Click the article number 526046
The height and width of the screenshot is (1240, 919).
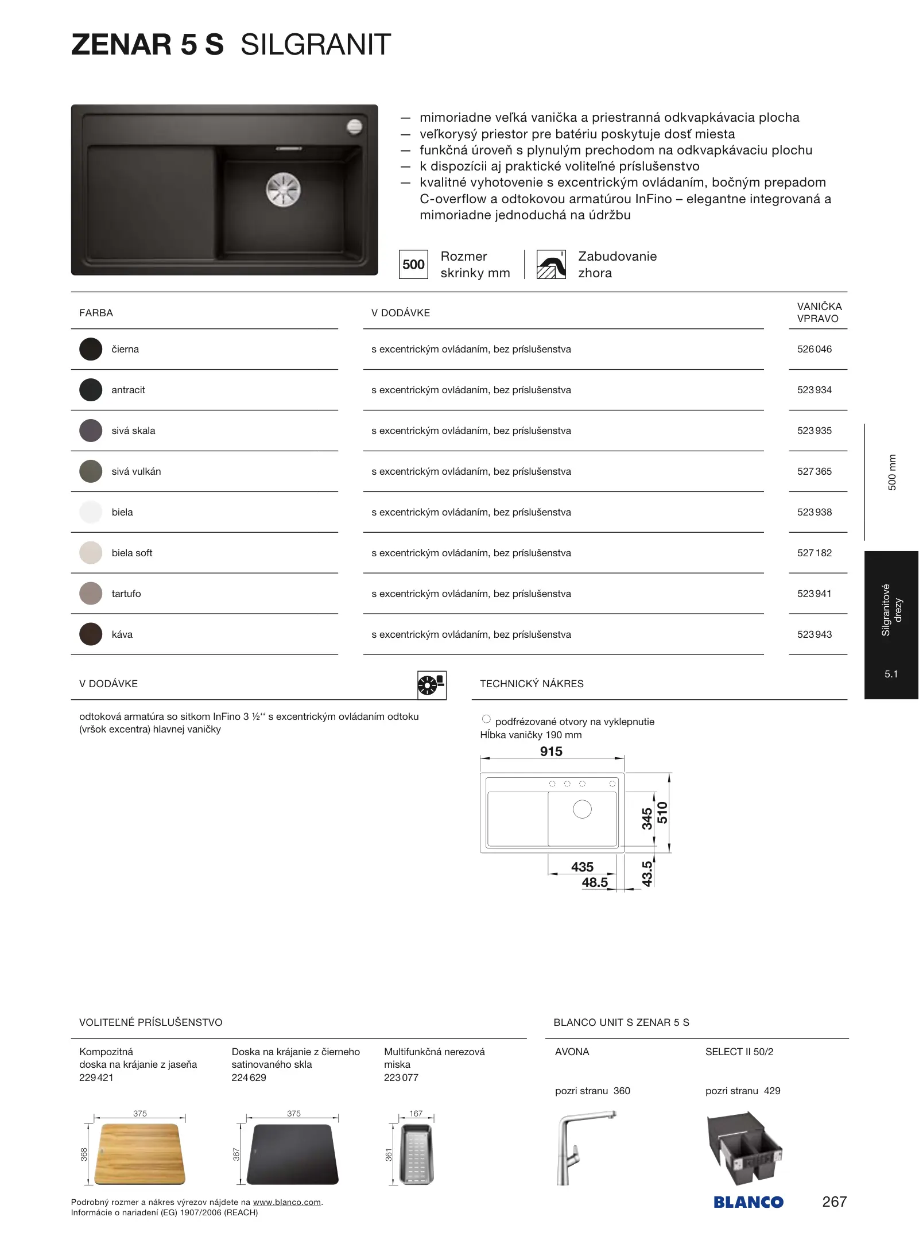(814, 349)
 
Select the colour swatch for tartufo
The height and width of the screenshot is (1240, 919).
(91, 594)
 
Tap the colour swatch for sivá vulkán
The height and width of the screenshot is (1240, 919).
(91, 471)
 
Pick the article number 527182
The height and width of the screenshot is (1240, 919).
(814, 553)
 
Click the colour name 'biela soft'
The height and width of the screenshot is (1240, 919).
(132, 553)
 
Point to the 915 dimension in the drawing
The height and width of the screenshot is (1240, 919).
(551, 751)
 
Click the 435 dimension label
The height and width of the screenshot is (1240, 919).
(582, 867)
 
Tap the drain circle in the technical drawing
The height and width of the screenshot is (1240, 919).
(582, 809)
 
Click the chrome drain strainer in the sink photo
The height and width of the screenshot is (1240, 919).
(283, 189)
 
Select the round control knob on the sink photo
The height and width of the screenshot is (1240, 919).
(354, 126)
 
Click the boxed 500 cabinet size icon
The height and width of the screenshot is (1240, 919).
(413, 265)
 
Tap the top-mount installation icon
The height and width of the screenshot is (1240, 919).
(551, 265)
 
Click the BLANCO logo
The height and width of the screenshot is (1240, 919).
(749, 1202)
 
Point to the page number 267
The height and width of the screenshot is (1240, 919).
(834, 1202)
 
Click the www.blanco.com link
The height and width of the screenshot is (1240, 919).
(287, 1202)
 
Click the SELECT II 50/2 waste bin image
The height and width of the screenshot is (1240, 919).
(744, 1148)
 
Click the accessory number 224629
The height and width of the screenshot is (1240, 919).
(249, 1078)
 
